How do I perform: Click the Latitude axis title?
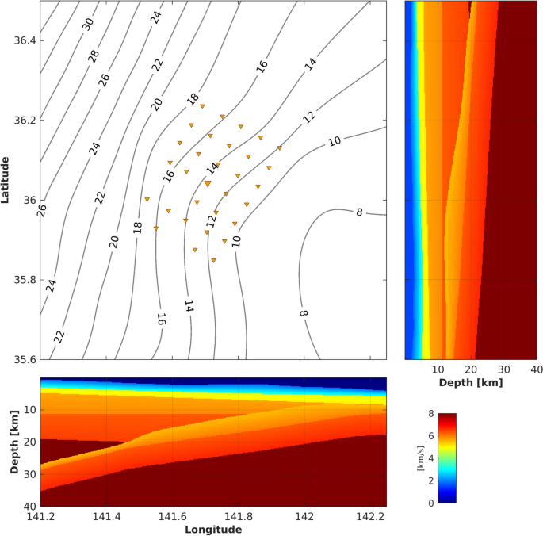pos(7,180)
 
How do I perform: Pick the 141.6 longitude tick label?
pos(174,515)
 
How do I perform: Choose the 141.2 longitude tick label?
pos(40,515)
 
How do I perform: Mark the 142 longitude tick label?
pos(305,515)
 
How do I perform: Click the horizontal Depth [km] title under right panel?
pos(471,382)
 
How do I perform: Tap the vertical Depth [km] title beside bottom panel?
pos(14,442)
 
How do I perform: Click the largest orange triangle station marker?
pos(208,183)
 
